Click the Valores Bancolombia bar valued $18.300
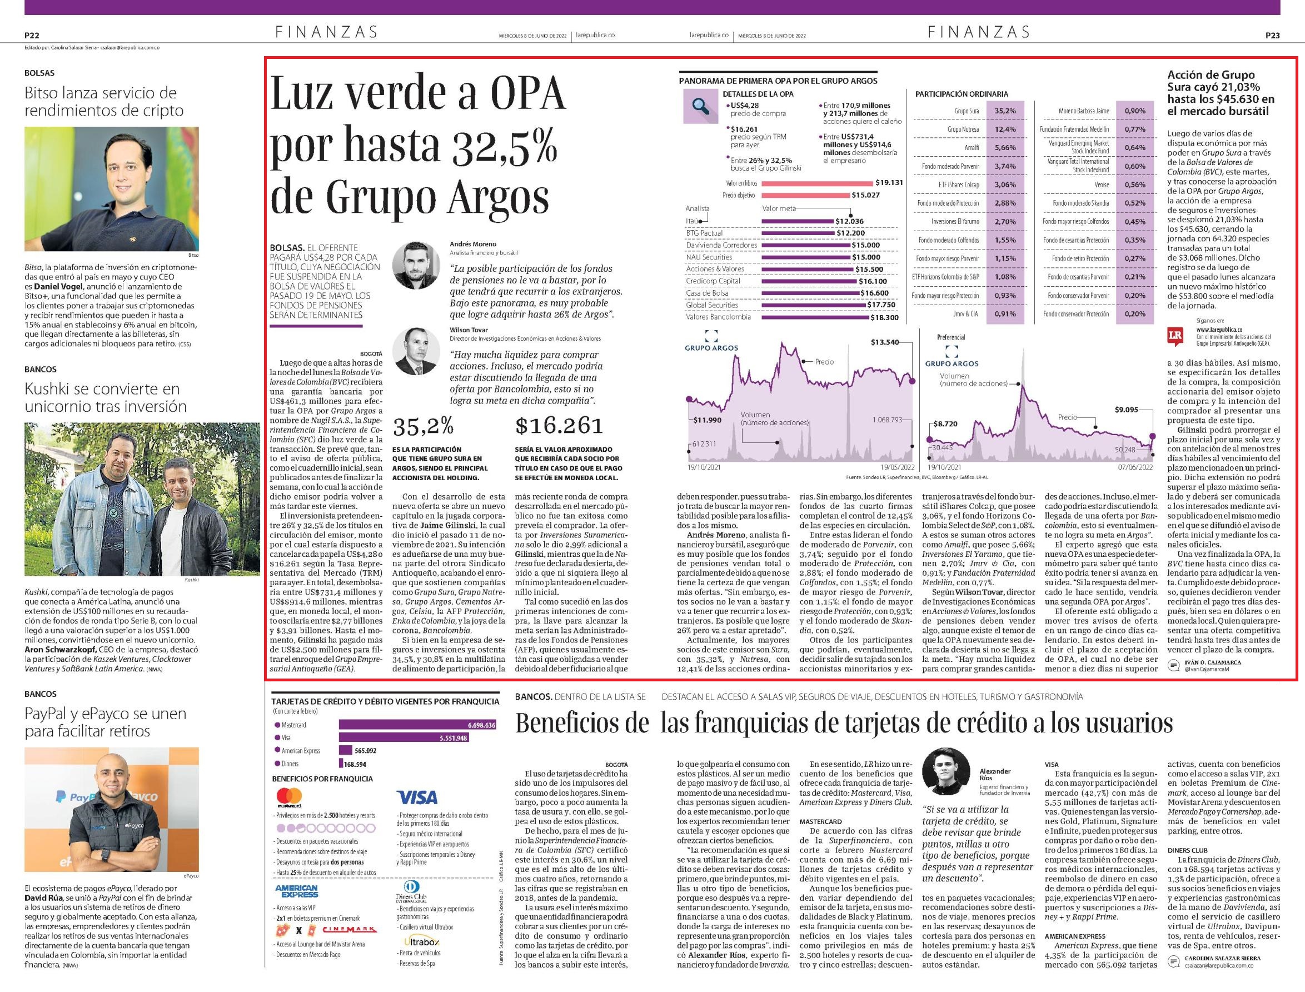815,318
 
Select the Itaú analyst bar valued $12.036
797,221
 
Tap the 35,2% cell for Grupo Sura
1005,111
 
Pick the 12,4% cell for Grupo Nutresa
1005,129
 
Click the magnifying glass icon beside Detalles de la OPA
700,106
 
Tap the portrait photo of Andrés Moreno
416,265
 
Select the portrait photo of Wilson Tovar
416,351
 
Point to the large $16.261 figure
559,425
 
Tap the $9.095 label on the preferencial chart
1126,409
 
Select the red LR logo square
1175,336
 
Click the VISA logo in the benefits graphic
417,797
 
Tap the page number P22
32,36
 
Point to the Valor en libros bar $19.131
817,183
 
